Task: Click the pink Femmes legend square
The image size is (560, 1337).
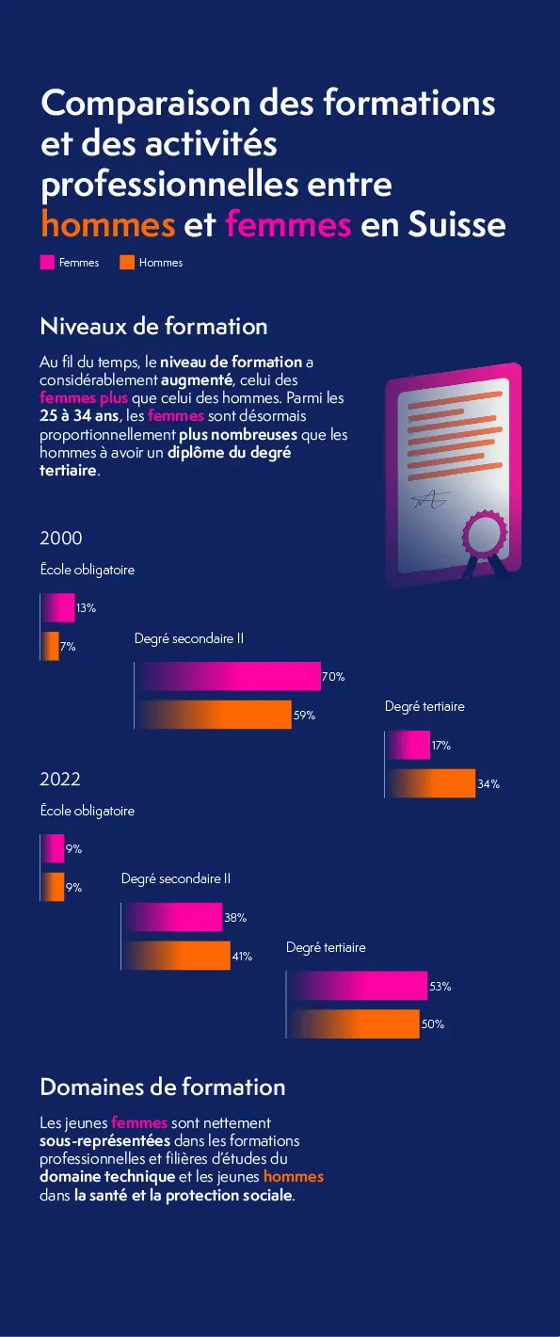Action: pyautogui.click(x=47, y=263)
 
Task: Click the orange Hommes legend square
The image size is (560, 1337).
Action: pyautogui.click(x=127, y=263)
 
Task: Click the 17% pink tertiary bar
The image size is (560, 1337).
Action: pyautogui.click(x=408, y=745)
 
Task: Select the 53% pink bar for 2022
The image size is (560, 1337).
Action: pyautogui.click(x=357, y=986)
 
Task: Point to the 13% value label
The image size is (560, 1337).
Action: pyautogui.click(x=86, y=608)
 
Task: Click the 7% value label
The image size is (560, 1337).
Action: pyautogui.click(x=68, y=647)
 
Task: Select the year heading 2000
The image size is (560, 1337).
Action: pyautogui.click(x=61, y=539)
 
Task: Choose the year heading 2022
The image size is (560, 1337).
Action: pyautogui.click(x=60, y=780)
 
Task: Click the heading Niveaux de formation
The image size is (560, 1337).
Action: pyautogui.click(x=153, y=327)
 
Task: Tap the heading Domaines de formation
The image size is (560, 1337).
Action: pyautogui.click(x=162, y=1087)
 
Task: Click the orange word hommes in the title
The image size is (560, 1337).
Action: pyautogui.click(x=108, y=225)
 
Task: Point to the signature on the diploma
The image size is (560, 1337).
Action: pyautogui.click(x=429, y=499)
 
